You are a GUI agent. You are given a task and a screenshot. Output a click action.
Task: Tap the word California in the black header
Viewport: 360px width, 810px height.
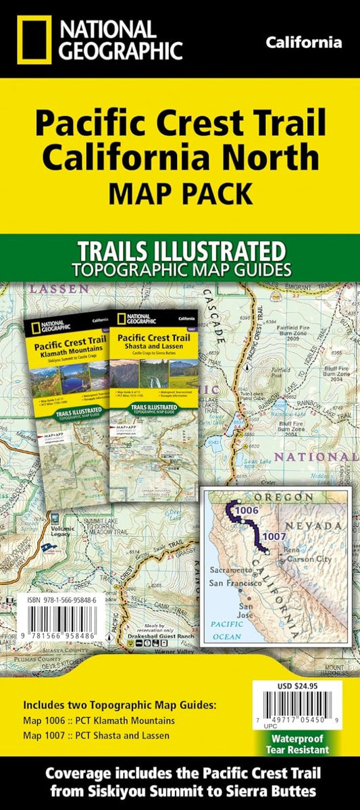(x=303, y=43)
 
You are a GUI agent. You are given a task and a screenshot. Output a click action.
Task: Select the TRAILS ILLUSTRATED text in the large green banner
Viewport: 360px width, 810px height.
(x=180, y=251)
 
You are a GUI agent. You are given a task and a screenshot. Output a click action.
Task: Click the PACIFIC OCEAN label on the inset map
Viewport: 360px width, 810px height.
(x=226, y=630)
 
